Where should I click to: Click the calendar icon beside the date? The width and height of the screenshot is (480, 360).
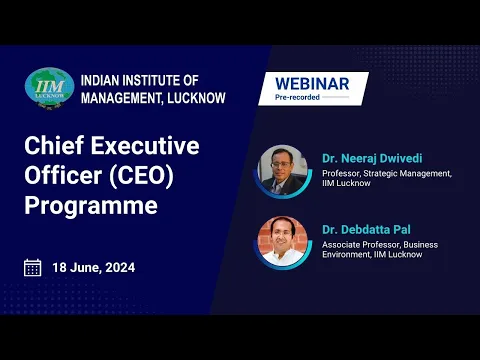click(33, 267)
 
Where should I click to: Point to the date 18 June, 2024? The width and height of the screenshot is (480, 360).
click(93, 268)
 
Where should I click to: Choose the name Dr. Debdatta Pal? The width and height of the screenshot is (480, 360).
click(369, 230)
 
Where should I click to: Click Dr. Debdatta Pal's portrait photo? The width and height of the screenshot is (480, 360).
click(283, 241)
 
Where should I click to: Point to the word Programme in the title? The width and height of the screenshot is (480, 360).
click(91, 207)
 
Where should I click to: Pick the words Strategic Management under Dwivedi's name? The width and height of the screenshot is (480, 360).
click(408, 173)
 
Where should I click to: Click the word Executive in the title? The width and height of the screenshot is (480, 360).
click(146, 146)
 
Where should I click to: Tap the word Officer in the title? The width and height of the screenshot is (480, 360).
click(57, 176)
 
